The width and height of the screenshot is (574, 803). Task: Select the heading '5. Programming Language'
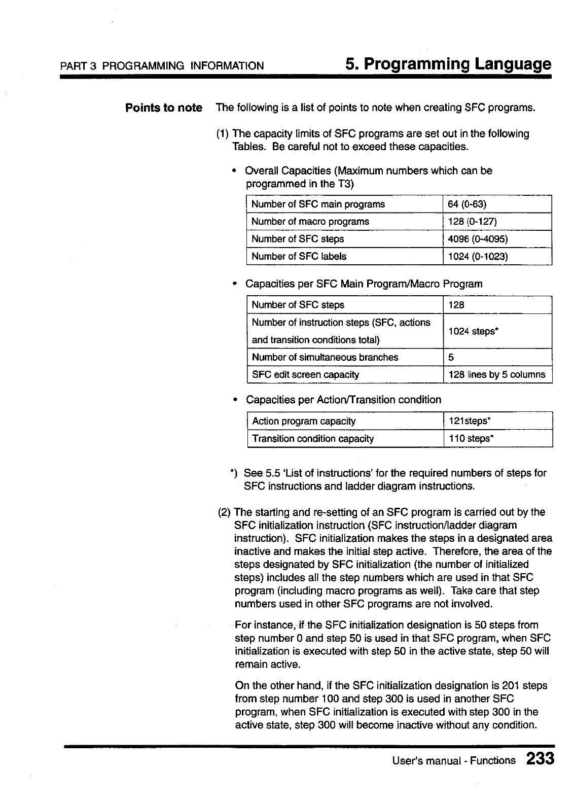tap(448, 64)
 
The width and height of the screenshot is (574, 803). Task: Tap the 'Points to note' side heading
tap(164, 108)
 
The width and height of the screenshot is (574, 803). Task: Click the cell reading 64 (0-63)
tap(467, 204)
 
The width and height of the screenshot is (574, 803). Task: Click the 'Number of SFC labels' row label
tap(299, 257)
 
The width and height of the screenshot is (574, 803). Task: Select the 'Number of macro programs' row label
tap(310, 222)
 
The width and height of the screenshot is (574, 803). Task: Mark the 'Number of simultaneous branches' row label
tap(325, 358)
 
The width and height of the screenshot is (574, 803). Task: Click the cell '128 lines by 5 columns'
tap(497, 375)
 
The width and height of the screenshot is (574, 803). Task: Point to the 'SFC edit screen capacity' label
tap(305, 375)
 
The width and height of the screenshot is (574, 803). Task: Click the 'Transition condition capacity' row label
tap(313, 439)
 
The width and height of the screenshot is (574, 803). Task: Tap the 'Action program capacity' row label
tap(304, 421)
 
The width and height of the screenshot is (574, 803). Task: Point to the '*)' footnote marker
tap(234, 473)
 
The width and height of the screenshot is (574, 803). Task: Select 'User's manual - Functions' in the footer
tap(454, 760)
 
